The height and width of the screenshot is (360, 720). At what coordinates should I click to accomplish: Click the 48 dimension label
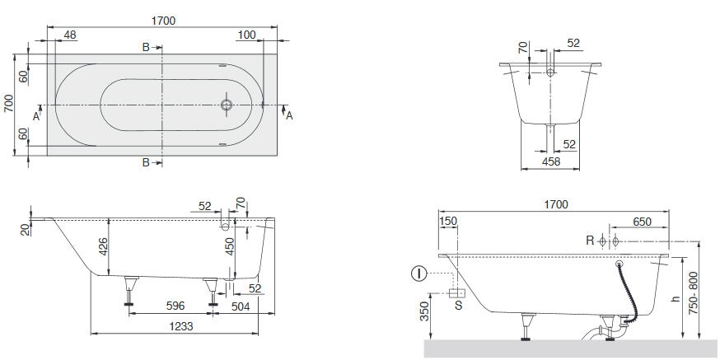coord(70,35)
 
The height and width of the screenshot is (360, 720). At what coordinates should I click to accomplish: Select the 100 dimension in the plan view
coord(247,35)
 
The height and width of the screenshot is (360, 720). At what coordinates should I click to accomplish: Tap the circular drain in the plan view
coord(227,105)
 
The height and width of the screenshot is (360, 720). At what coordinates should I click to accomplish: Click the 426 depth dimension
coord(103,246)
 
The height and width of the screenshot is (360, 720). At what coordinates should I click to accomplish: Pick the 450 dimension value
coord(230,246)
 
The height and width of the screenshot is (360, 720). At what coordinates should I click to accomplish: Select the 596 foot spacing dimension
coord(175,306)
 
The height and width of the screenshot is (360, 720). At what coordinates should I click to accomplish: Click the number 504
coord(241,306)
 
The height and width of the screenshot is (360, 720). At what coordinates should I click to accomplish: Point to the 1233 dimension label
coord(181,326)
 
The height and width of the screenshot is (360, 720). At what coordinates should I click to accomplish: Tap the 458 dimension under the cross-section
coord(551,161)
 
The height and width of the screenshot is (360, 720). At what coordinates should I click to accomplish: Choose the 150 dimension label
coord(448,222)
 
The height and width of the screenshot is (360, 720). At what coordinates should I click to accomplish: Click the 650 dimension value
coord(642,222)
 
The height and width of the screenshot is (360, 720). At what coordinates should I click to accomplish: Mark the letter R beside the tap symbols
coord(590,241)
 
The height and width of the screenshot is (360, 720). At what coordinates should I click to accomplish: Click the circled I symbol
coord(418,274)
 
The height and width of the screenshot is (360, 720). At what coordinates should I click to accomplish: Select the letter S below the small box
coord(458,305)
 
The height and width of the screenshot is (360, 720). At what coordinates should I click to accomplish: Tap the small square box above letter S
coord(457,293)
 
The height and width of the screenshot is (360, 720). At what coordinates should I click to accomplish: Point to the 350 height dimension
coord(425,311)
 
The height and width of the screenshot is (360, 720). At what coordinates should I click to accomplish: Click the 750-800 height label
coord(693,293)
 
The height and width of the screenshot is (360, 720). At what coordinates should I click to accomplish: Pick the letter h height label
coord(675,298)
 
